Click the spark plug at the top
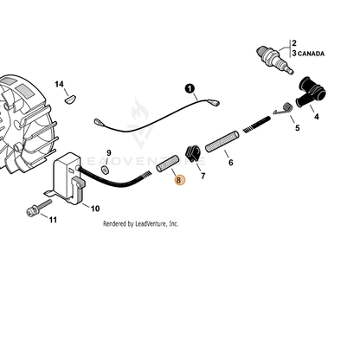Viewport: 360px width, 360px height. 274,59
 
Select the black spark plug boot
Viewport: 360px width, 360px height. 311,93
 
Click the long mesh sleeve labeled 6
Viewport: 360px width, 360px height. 222,141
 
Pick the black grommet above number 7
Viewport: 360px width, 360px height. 192,154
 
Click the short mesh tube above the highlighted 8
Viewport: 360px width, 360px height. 168,164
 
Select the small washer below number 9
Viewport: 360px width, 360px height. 106,170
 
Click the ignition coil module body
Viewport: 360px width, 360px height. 67,176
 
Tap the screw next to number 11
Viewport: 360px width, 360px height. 39,208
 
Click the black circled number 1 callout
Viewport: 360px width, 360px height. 190,88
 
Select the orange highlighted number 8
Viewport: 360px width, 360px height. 179,180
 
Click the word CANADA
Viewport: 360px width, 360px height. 311,54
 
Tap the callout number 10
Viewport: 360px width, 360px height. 95,209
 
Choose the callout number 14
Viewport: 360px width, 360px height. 59,84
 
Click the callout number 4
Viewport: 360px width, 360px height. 317,117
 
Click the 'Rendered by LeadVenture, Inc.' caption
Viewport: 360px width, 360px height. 141,224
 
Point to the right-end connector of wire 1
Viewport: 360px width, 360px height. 214,102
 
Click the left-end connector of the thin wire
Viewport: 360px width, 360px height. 99,122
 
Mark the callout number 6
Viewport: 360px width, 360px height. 231,163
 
